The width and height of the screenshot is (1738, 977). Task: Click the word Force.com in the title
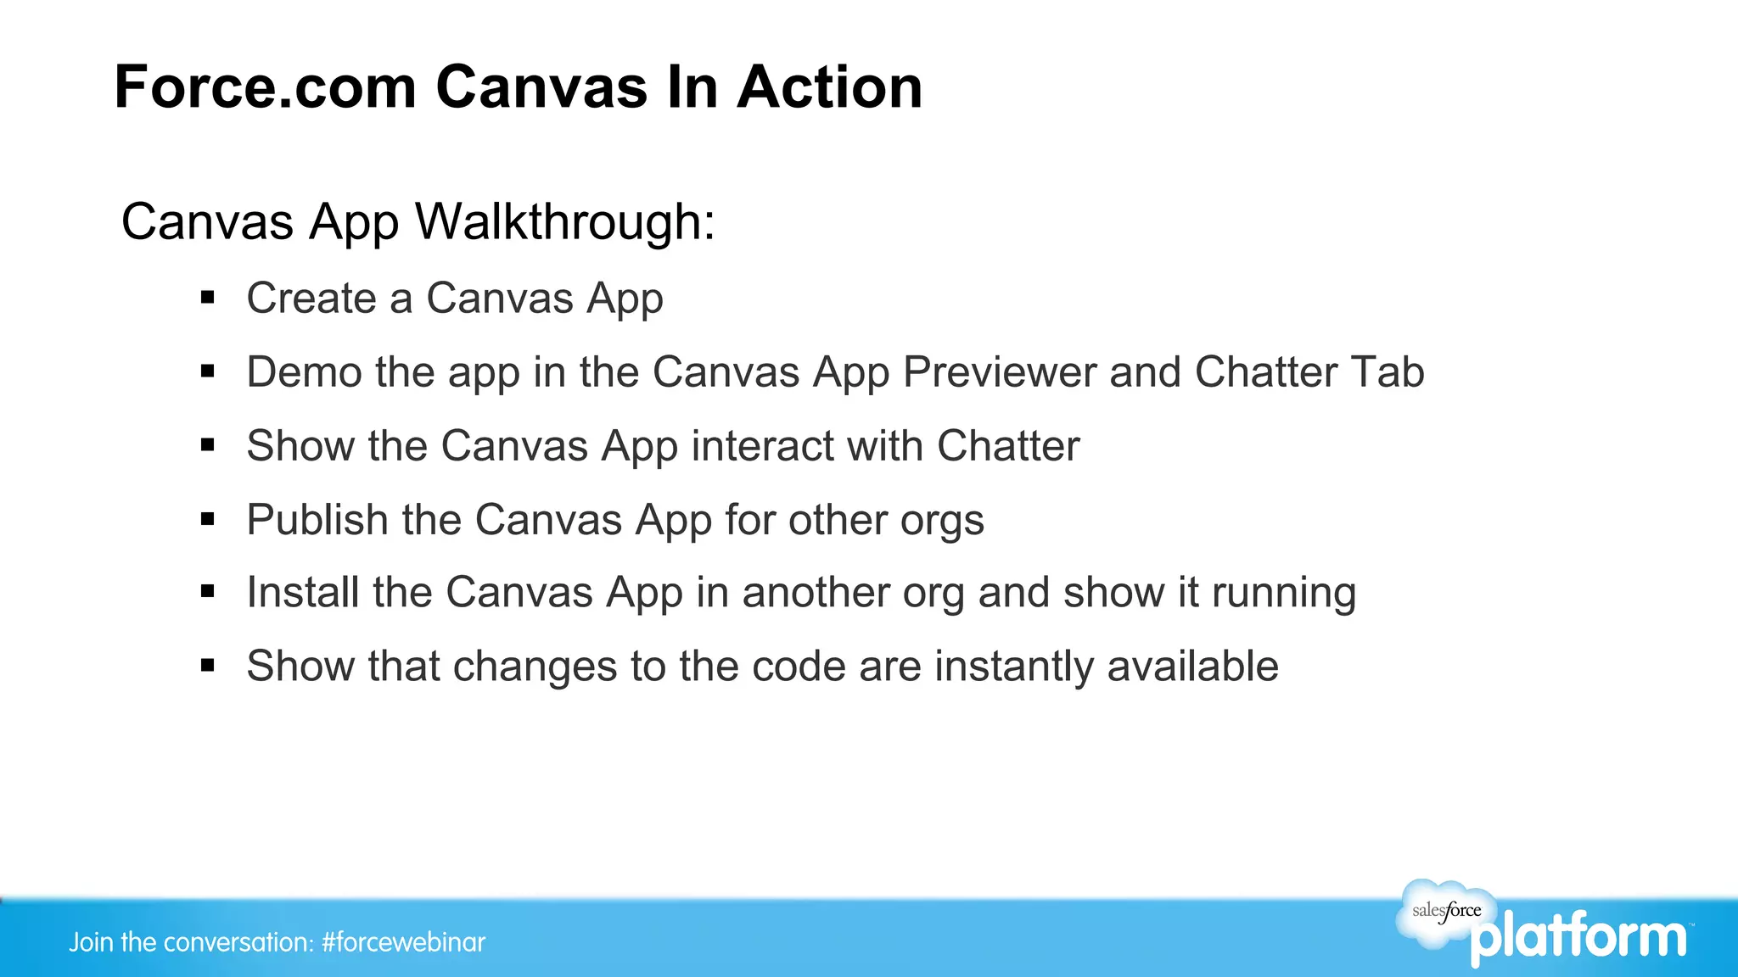(265, 87)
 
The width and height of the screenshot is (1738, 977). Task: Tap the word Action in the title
(829, 87)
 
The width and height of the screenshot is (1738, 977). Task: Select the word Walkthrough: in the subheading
(565, 222)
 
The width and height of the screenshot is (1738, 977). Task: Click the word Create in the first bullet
(311, 299)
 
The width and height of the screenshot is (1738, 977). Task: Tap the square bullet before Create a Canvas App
(208, 298)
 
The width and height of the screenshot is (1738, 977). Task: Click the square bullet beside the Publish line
(208, 519)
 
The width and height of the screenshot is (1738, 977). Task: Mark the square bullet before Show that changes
(208, 666)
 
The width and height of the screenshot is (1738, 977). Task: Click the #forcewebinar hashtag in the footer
(403, 942)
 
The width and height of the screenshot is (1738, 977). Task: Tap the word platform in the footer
(1578, 938)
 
